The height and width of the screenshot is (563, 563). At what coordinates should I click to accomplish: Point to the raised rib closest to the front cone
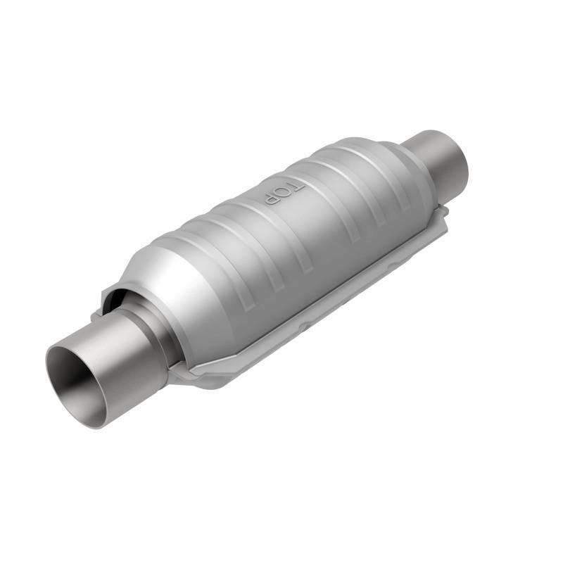pos(232,232)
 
